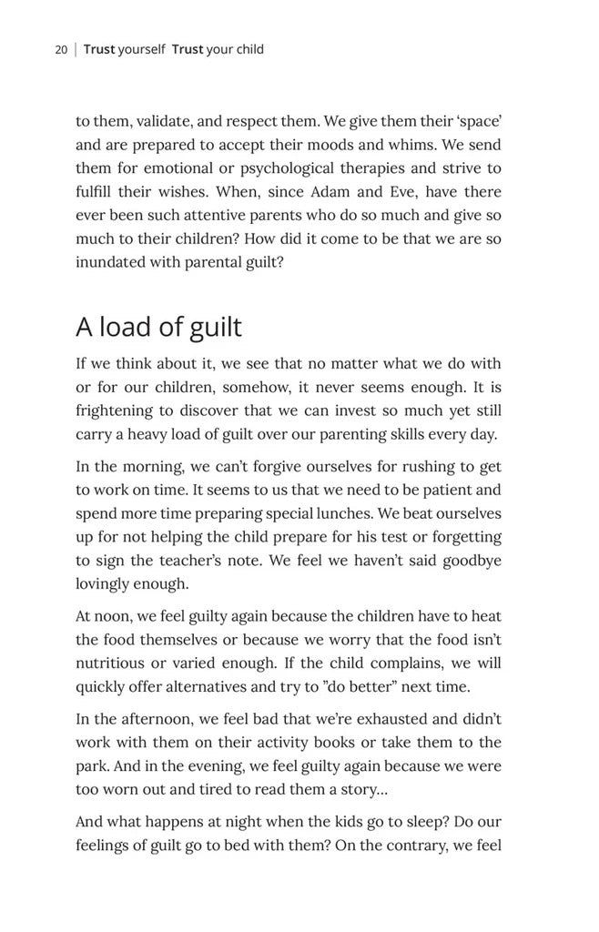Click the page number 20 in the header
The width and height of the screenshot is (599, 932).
pyautogui.click(x=61, y=49)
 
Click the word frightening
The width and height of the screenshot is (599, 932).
pyautogui.click(x=115, y=411)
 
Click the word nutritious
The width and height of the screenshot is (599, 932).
pyautogui.click(x=111, y=664)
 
